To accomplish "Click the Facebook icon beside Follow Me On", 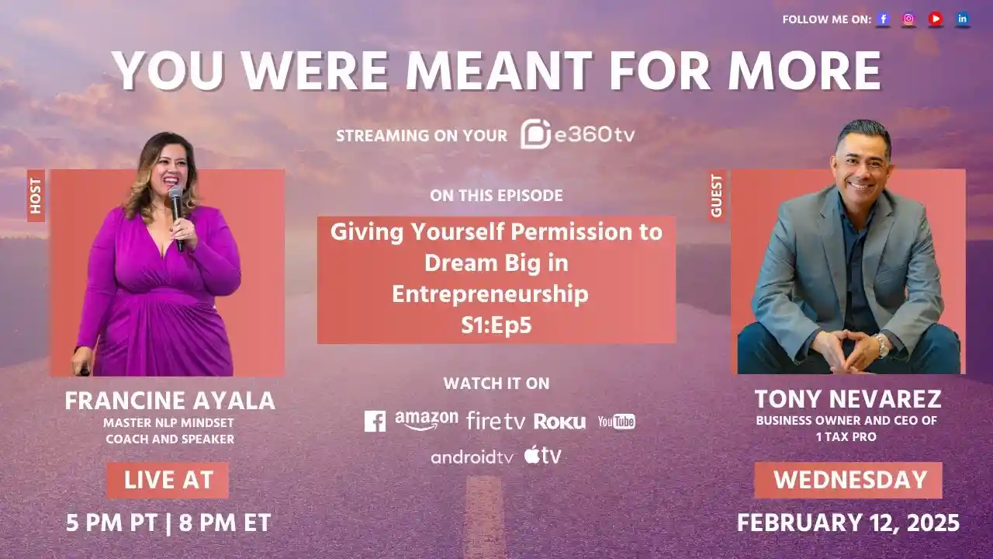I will click(x=883, y=19).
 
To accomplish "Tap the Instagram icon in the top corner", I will click(x=908, y=19).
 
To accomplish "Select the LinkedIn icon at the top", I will click(x=963, y=19).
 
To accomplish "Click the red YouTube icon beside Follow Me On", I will click(x=936, y=19).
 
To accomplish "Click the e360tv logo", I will click(x=577, y=134).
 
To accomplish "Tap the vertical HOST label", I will click(x=36, y=196).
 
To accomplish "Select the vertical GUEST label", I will click(x=716, y=196).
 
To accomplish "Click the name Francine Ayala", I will click(x=170, y=401).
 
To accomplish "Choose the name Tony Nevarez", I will click(x=847, y=399).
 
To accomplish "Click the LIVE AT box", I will click(x=168, y=480).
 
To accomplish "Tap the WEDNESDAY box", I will click(x=849, y=480).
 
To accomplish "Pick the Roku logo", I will click(x=559, y=422).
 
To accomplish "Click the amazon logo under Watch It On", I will click(x=426, y=420).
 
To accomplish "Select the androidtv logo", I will click(x=472, y=457).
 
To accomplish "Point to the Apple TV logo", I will click(x=542, y=455).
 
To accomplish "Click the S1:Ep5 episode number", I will click(x=496, y=325).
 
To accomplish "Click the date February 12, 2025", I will click(x=848, y=523).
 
